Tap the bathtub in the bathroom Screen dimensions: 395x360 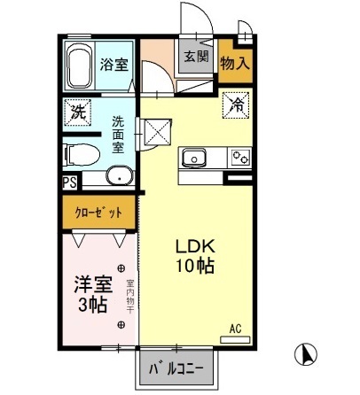coord(78,63)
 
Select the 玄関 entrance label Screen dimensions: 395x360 coord(197,57)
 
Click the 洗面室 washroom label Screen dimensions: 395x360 coord(118,135)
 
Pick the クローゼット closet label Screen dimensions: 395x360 coord(98,213)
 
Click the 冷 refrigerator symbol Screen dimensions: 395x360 coord(236,105)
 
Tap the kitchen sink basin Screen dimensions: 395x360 coord(192,158)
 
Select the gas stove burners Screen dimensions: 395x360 coord(239,158)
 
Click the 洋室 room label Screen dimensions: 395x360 coord(92,285)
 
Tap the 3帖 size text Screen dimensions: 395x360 coord(92,306)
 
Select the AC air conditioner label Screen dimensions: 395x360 coord(236,328)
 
